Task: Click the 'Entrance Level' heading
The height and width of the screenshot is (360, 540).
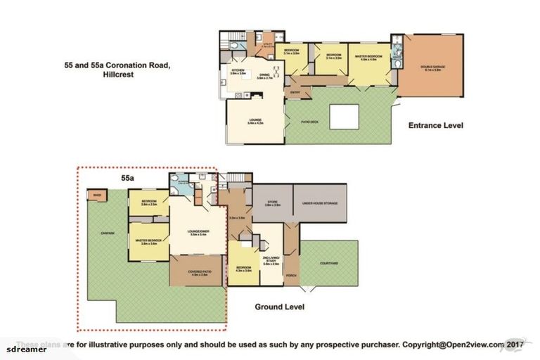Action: [436, 126]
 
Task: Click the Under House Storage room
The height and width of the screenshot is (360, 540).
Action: [321, 203]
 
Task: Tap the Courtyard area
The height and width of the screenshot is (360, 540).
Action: [329, 263]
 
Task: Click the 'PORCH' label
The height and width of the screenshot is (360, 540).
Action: [291, 276]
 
